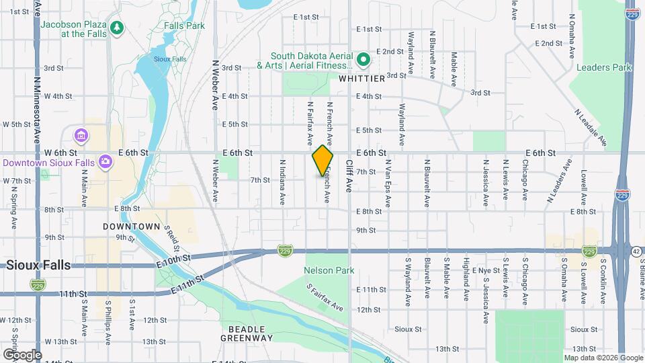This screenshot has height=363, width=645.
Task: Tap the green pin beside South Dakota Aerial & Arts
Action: click(363, 60)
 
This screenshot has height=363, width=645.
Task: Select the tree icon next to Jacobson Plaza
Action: click(118, 28)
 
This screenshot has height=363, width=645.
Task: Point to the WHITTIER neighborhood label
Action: click(361, 79)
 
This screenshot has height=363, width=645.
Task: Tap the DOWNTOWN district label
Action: click(132, 227)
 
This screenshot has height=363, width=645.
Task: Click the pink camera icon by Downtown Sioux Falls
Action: click(105, 161)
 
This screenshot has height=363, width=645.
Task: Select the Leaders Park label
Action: click(604, 67)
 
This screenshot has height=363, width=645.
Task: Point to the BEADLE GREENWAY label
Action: click(247, 333)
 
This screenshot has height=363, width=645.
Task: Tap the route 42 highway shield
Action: click(636, 251)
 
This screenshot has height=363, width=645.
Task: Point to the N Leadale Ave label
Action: click(591, 128)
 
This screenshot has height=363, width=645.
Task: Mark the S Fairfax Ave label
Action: click(325, 298)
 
